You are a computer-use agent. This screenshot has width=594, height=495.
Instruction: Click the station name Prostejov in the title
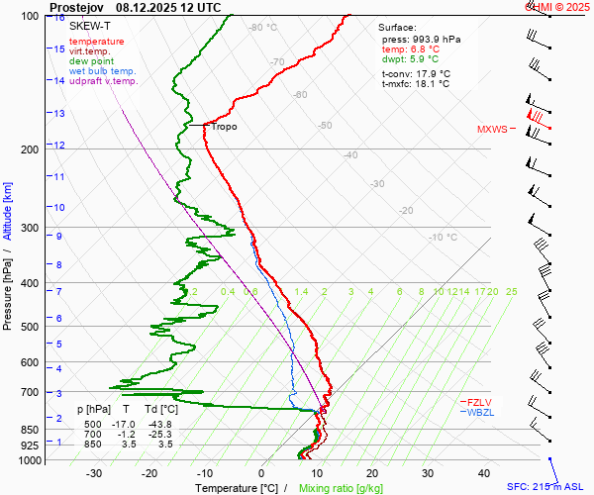coord(77,6)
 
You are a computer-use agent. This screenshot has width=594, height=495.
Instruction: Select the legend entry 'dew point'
coord(91,61)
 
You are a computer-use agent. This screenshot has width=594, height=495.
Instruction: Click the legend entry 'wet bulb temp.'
coord(103,71)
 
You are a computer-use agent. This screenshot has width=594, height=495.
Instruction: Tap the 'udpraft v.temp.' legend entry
coord(104,81)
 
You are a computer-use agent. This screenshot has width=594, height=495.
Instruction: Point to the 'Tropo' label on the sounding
coord(224,127)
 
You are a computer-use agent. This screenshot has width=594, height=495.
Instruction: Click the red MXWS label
coord(492,130)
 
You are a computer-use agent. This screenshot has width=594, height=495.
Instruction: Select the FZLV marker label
coord(480,402)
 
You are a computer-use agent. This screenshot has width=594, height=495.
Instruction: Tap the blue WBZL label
coord(480,412)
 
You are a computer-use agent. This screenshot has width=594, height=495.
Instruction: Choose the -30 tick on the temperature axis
coord(94,474)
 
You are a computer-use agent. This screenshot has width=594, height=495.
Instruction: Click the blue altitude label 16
coord(60,18)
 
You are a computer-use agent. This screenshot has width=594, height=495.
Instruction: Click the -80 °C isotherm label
coord(262,28)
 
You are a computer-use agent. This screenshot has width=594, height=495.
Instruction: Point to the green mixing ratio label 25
coord(511,292)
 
